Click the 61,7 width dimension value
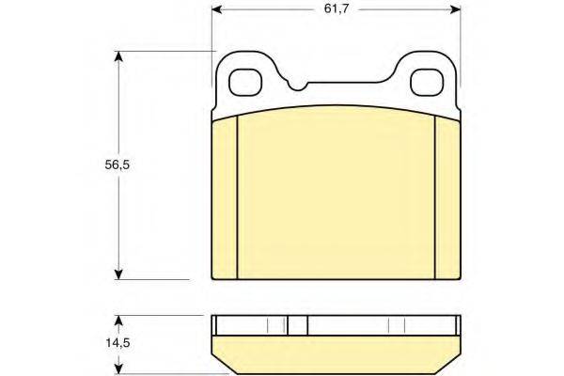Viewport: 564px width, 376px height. point(337,8)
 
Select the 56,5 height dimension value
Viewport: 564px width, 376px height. point(117,165)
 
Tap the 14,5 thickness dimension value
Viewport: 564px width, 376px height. point(117,343)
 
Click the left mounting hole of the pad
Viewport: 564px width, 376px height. point(245,83)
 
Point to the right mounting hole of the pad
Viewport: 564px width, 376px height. point(428,83)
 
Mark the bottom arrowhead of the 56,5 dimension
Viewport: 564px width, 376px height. point(118,274)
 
